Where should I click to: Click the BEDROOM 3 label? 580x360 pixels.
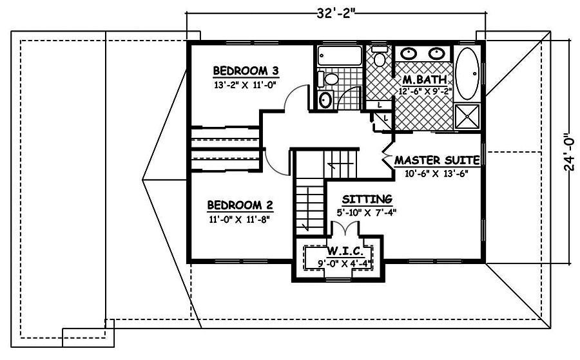click(246, 70)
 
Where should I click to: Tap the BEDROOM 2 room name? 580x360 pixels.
click(240, 206)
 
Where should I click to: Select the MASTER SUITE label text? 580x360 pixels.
click(436, 160)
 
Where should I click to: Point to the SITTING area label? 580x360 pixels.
click(367, 199)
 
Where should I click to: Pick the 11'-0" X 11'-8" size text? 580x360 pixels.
click(240, 218)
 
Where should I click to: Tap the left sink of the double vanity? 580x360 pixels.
click(408, 54)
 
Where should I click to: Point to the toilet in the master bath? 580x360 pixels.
click(380, 58)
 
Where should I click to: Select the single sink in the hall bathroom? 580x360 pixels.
click(325, 100)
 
